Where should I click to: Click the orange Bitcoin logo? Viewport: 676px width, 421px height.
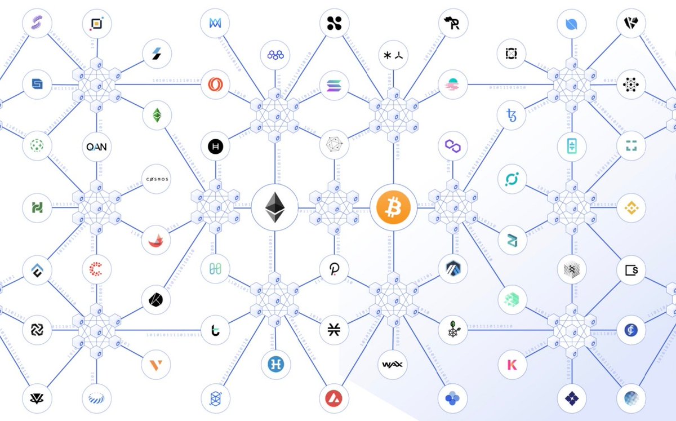pos(394,207)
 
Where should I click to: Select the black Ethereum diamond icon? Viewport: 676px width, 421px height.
pos(274,207)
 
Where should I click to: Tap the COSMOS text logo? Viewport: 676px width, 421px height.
pos(157,179)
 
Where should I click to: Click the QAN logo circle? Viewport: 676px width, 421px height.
pos(96,147)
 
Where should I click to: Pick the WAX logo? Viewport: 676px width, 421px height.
pos(393,364)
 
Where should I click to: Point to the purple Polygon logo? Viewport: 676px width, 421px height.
pos(453,145)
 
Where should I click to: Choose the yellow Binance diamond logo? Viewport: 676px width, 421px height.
pos(631,208)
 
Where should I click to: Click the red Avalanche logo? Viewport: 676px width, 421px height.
pos(334,400)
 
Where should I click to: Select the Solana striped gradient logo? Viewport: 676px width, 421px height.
pos(334,85)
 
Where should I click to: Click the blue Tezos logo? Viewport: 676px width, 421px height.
pos(512,116)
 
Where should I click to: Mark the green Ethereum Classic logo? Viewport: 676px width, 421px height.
pos(157,115)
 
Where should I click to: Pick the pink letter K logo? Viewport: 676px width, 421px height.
pos(512,365)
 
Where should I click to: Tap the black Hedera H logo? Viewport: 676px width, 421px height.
pos(216,147)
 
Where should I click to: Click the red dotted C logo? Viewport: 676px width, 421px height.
pos(96,269)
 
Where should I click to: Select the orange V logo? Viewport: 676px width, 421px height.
pos(157,364)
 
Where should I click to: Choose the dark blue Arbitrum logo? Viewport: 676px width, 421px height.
pos(453,269)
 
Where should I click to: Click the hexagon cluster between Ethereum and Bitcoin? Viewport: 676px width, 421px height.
pos(334,207)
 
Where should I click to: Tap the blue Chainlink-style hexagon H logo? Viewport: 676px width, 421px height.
pos(275,364)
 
